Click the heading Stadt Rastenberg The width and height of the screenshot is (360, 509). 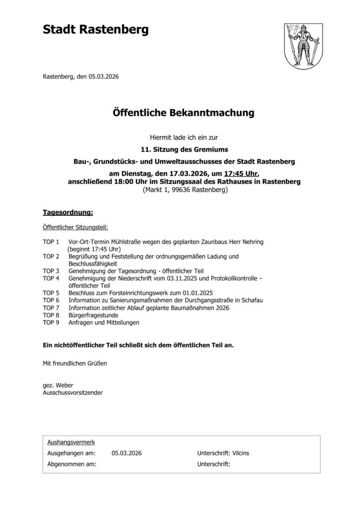tap(95, 31)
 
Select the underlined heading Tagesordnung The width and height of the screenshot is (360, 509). tap(68, 213)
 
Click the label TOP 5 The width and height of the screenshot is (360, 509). tap(51, 293)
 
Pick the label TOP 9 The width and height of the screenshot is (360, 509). tap(51, 322)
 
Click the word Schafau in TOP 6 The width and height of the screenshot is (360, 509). tap(251, 300)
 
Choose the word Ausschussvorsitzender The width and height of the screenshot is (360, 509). tap(73, 393)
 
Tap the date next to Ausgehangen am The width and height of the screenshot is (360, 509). tap(127, 453)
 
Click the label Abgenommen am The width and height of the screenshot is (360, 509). tap(72, 464)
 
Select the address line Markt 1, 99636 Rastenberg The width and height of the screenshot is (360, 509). tap(185, 189)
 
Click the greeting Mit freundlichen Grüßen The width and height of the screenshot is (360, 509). tap(75, 363)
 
